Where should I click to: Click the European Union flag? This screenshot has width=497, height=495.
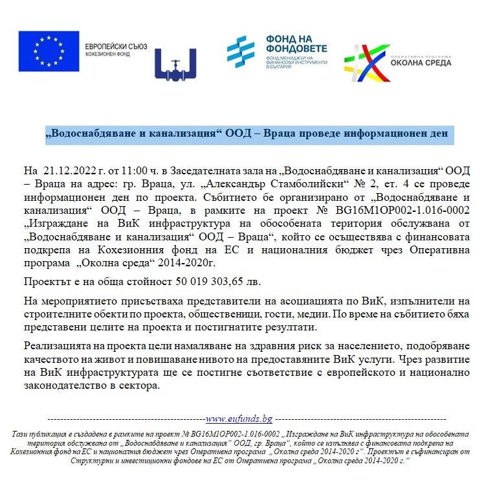pos(48,51)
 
